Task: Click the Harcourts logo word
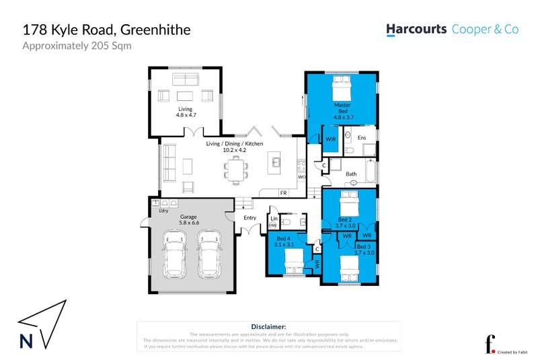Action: (x=417, y=30)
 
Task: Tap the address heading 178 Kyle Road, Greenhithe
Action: (x=107, y=30)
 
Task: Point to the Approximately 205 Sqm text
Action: (x=77, y=46)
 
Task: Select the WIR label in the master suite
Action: (x=330, y=139)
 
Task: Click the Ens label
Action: (x=362, y=138)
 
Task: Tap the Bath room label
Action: (x=351, y=174)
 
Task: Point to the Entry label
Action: (x=250, y=217)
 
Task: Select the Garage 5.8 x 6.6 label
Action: (x=189, y=219)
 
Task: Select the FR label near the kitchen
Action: (x=283, y=193)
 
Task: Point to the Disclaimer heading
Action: (x=268, y=326)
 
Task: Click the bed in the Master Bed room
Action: (x=341, y=87)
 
